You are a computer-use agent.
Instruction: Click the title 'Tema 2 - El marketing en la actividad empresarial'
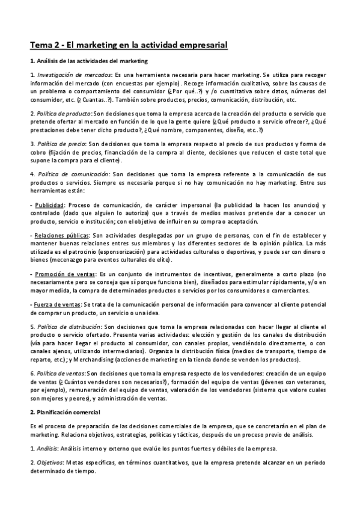(129, 45)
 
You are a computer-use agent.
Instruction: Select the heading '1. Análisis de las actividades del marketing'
(89, 61)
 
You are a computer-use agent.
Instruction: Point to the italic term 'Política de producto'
(64, 112)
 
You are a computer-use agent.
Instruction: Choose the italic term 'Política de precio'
(61, 144)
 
